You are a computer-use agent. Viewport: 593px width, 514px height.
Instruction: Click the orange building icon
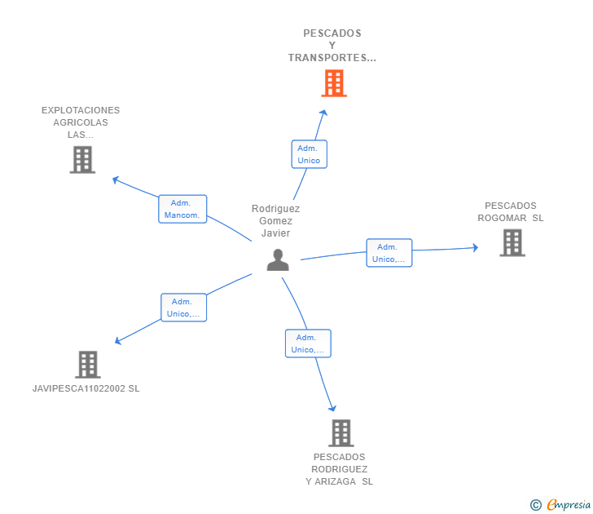334,83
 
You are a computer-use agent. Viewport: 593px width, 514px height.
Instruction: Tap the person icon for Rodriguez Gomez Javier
278,259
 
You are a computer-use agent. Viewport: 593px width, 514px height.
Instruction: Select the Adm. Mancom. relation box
182,209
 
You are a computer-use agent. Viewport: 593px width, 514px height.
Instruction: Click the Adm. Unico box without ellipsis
310,154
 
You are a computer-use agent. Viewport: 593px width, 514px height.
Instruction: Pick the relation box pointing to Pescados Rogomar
389,253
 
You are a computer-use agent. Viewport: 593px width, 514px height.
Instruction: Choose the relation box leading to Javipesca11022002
184,308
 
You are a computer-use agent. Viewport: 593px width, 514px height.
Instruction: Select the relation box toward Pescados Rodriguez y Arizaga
308,343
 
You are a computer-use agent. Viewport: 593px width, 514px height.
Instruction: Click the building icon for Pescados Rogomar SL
512,243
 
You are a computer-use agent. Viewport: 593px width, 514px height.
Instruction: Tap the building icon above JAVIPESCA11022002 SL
88,365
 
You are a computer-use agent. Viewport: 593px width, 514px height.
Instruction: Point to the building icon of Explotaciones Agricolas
82,160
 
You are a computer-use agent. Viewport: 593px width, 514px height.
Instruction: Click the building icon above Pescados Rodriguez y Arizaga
341,433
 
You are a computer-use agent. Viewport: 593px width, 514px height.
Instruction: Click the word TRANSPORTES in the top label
327,58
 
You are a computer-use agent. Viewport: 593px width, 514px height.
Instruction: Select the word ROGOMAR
502,218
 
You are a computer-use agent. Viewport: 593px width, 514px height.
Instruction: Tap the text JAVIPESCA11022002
79,388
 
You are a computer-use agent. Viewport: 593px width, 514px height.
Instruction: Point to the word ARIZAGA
335,481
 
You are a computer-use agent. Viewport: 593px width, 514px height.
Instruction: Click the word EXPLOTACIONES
81,110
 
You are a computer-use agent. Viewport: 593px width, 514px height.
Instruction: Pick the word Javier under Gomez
275,233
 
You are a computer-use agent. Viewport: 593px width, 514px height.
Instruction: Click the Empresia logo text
569,504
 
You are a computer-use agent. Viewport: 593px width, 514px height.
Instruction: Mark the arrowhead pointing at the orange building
323,113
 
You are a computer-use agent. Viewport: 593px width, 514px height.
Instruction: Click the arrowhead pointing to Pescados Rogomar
475,248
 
